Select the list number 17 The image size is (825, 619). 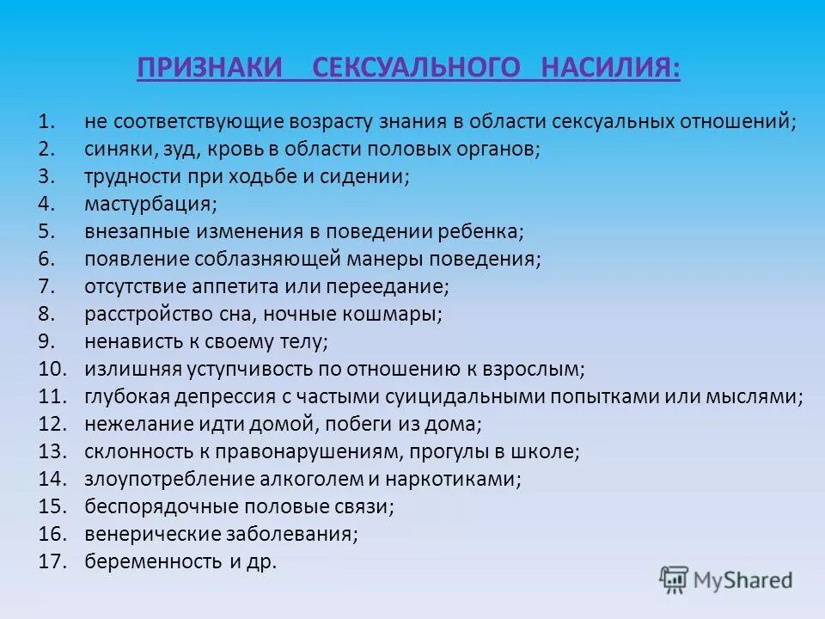(52, 561)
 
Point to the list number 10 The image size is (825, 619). (52, 369)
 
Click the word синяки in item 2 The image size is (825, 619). (119, 148)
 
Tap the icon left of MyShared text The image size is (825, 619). (674, 580)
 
